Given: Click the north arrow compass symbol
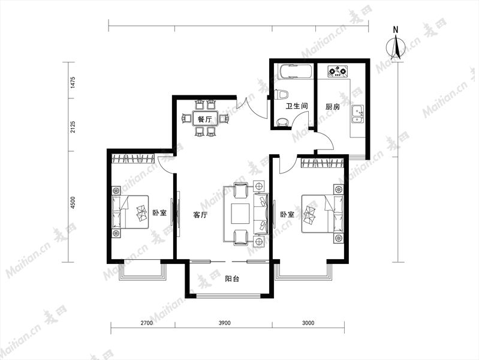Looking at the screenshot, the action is click(396, 47).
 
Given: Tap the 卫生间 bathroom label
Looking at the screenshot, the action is click(296, 106).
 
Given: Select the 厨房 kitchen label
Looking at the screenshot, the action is click(332, 107).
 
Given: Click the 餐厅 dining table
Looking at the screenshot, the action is click(205, 119).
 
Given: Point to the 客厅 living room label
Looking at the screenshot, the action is click(200, 215).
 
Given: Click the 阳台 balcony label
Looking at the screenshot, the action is click(232, 279).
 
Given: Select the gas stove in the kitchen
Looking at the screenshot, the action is click(338, 71).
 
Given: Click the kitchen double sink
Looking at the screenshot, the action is click(357, 114).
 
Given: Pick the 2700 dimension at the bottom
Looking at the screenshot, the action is click(146, 323).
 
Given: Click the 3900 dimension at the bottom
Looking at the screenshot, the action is click(224, 323).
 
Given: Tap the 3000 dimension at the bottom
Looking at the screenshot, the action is click(308, 323).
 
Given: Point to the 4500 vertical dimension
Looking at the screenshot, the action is click(73, 202).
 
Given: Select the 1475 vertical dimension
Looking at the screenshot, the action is click(73, 83).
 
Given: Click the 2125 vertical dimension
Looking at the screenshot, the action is click(73, 127).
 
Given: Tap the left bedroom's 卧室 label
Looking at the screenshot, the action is click(159, 213).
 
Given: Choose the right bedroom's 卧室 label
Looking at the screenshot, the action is click(287, 214).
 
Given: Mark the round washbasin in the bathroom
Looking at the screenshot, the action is click(282, 122).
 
